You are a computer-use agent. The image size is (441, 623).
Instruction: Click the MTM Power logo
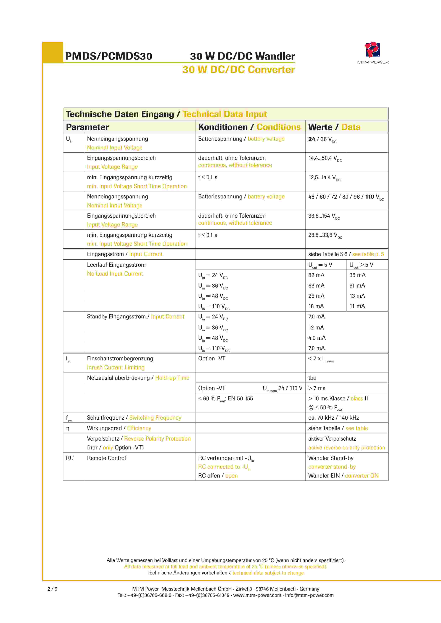point(372,50)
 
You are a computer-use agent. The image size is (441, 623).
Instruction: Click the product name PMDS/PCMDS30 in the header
point(109,56)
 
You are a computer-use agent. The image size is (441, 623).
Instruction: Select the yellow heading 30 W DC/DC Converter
point(238,70)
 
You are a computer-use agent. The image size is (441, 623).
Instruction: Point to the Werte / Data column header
point(334,127)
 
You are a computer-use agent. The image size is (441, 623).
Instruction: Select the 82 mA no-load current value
point(316,275)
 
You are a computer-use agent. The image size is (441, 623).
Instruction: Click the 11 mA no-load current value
point(357,306)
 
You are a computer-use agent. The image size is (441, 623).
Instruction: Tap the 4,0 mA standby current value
point(317,338)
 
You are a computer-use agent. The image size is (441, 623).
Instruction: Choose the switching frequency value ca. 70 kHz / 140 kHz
point(334,418)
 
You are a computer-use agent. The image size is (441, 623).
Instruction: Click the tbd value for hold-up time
point(312,378)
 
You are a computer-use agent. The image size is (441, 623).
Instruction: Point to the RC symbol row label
point(70,458)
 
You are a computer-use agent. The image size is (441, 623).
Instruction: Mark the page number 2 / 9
point(52,589)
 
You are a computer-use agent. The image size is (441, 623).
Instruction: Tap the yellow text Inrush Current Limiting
point(116,367)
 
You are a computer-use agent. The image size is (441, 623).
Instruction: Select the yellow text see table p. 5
point(368,254)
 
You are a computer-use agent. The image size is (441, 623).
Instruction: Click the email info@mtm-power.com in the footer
point(309,595)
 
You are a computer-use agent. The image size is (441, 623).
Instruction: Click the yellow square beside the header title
point(53,52)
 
